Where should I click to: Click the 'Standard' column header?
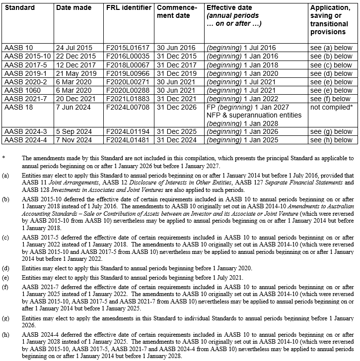click(19, 8)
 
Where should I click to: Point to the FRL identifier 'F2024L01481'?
click(126, 140)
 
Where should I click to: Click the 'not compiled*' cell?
click(331, 106)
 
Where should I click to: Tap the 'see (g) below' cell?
click(331, 131)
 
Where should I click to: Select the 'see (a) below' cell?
click(331, 48)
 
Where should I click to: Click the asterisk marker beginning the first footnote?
click(3, 158)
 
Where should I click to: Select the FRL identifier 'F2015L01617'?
click(126, 48)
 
